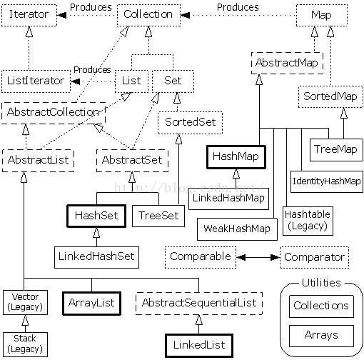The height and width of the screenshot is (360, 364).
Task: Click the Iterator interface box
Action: [29, 15]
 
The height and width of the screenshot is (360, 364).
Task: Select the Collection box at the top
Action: [148, 15]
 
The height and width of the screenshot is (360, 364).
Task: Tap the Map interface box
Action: [322, 15]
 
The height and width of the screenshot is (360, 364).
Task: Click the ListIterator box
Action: [36, 81]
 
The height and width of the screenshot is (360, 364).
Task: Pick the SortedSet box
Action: [190, 123]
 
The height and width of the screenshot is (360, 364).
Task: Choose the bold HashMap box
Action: [236, 157]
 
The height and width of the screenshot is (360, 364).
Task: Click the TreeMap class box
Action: [336, 149]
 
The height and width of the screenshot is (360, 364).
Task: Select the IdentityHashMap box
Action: [327, 181]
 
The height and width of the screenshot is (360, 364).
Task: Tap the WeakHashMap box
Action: [237, 229]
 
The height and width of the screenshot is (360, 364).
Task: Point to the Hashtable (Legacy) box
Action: [308, 221]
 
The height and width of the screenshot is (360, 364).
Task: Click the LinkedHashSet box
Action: [96, 257]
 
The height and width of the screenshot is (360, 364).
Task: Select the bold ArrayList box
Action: [91, 304]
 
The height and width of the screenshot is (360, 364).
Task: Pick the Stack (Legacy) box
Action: [25, 344]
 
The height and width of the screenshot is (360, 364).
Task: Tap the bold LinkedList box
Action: [199, 346]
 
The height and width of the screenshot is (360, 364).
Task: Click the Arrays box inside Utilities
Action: [321, 336]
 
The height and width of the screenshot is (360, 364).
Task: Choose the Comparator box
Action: [315, 257]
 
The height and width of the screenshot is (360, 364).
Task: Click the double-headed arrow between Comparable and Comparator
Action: [258, 257]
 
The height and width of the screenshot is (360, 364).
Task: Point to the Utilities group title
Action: [321, 283]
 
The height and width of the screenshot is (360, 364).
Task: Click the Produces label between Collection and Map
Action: [238, 7]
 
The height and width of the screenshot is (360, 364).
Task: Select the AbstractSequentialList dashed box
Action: [199, 304]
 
